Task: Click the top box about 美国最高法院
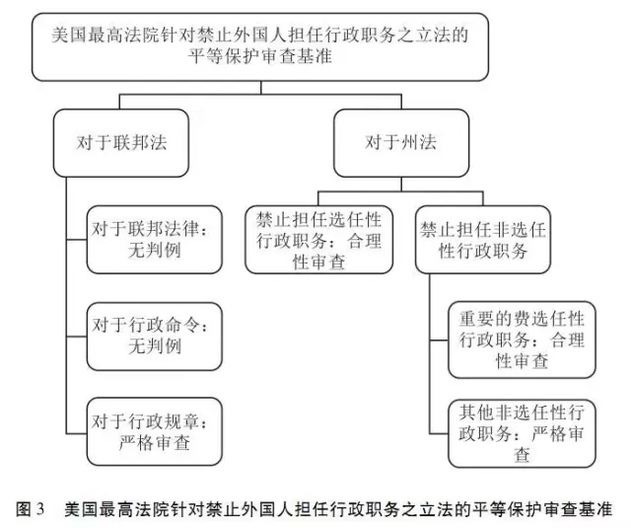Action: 260,46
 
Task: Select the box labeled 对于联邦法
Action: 121,143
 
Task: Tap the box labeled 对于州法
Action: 401,143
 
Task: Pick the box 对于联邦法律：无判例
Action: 155,240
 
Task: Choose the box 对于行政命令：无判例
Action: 155,337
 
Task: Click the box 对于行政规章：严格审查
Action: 155,431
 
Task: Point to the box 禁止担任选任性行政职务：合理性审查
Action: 318,240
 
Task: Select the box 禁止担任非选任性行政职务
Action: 483,240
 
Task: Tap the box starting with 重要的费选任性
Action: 522,339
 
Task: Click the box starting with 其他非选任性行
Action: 522,433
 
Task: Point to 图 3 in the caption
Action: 30,509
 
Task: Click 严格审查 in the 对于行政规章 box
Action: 155,443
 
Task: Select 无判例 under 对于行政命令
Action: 155,346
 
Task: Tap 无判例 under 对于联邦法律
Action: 155,250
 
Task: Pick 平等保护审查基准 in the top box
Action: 260,56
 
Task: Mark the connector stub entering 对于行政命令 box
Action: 77,337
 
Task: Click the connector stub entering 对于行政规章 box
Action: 77,433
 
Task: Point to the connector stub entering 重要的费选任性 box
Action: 439,340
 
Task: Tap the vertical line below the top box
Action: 260,88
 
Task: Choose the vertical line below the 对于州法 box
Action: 401,184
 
